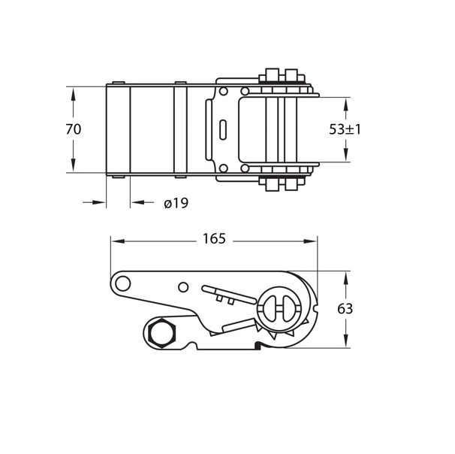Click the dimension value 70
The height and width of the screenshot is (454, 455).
[x=74, y=129]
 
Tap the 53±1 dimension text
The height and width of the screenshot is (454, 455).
[x=345, y=129]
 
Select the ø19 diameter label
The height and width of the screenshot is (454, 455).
[x=176, y=203]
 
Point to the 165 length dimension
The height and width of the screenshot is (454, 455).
[x=214, y=239]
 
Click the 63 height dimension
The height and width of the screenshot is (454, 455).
[x=345, y=309]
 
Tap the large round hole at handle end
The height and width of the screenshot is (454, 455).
[x=122, y=283]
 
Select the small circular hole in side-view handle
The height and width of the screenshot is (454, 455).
[x=183, y=287]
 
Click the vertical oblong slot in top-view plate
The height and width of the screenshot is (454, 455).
[x=223, y=129]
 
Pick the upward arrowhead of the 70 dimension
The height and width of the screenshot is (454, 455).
[x=73, y=95]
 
